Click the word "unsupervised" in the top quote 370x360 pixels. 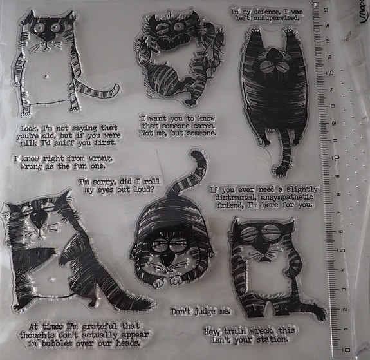(276, 18)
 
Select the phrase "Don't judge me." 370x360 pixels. (201, 312)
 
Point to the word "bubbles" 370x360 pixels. (57, 343)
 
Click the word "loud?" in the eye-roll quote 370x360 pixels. (143, 189)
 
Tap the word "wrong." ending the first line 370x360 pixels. (100, 158)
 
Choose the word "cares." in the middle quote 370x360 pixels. (204, 126)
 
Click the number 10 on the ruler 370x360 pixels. (337, 158)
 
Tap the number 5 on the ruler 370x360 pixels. (342, 250)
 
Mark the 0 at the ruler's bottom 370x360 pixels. (347, 350)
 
